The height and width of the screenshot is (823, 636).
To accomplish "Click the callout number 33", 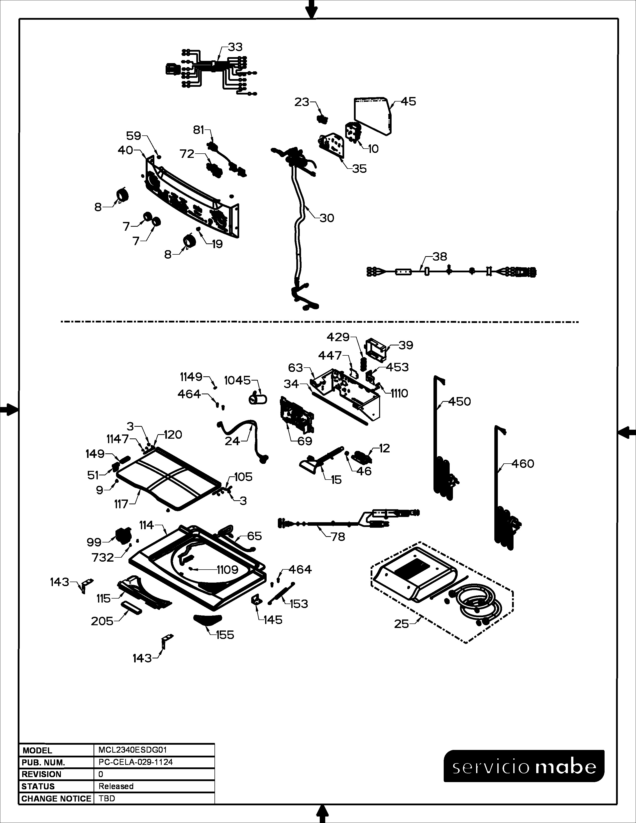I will click(235, 47).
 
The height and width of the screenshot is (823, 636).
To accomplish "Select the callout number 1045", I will click(237, 381).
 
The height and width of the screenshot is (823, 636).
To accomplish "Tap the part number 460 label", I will click(523, 464).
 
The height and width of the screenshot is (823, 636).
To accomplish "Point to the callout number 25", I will click(401, 624).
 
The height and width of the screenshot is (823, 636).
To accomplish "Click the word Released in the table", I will click(116, 786).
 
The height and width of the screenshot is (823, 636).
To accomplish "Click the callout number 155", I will click(225, 635).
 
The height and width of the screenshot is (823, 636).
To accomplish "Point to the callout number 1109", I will click(227, 570).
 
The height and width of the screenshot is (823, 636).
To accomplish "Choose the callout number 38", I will click(440, 257).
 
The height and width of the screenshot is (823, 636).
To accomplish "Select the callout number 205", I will click(102, 621).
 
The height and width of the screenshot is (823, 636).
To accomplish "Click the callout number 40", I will click(125, 150).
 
